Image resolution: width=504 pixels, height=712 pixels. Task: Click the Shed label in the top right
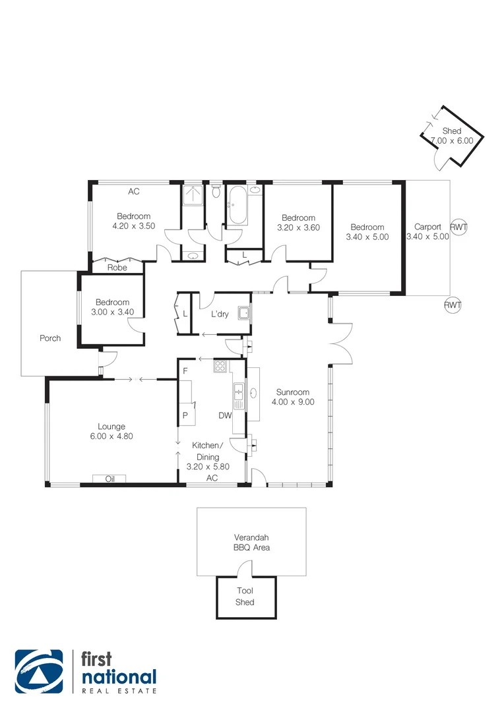[452, 131]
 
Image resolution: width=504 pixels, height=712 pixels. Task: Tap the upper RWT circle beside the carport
[458, 227]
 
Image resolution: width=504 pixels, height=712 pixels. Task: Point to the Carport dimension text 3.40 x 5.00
[427, 237]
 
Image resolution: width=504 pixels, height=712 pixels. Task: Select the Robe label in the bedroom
[118, 268]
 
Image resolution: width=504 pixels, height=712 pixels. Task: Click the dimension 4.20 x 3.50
[134, 225]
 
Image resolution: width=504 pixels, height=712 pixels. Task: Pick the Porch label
[50, 338]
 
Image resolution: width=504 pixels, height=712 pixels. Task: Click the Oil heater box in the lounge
[110, 479]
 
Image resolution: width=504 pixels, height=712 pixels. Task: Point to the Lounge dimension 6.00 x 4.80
[111, 436]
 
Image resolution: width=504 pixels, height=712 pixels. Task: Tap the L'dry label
[220, 314]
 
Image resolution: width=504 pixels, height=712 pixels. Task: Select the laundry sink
[245, 313]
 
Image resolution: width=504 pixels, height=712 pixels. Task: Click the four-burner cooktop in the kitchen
[220, 367]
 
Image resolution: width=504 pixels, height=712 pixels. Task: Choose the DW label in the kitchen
[224, 415]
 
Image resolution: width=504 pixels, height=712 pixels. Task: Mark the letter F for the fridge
[185, 371]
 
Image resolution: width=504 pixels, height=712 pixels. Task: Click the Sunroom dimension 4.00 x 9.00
[293, 401]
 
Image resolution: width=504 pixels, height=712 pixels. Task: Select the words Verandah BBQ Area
[251, 542]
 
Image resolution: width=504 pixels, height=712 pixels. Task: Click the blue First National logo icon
[39, 672]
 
